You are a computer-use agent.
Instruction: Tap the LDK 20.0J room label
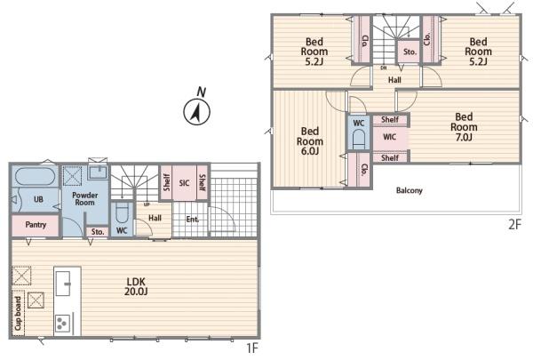[x=136, y=286]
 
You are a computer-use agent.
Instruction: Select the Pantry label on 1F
[x=36, y=225]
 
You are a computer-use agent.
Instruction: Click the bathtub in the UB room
[x=36, y=177]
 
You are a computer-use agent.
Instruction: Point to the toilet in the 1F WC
[x=122, y=212]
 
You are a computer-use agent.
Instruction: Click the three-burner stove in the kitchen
[x=63, y=324]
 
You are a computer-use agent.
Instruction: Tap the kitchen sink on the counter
[x=63, y=283]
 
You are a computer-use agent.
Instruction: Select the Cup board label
[x=18, y=313]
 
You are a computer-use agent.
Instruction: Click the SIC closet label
[x=184, y=183]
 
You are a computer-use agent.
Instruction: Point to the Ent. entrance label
[x=193, y=220]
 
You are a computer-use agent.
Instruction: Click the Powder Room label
[x=85, y=199]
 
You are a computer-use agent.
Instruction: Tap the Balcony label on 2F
[x=410, y=190]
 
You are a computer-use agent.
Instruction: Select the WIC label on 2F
[x=390, y=137]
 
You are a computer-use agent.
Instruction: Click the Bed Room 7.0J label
[x=464, y=127]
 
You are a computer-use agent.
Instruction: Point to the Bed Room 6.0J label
[x=310, y=141]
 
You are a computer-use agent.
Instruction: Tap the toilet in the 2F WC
[x=359, y=139]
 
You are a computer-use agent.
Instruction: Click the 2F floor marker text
[x=514, y=225]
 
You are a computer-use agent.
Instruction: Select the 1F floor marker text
[x=252, y=348]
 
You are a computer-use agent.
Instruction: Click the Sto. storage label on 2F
[x=410, y=52]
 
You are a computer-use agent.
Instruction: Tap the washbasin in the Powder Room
[x=99, y=172]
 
